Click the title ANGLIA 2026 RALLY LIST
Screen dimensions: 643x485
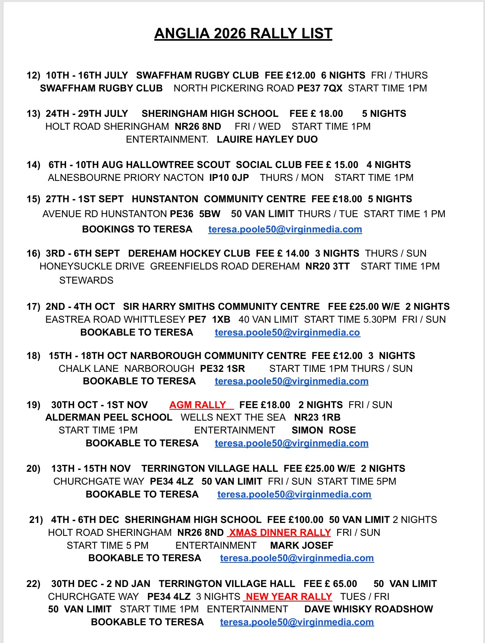[x=243, y=33]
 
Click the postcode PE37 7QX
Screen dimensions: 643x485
[x=319, y=88]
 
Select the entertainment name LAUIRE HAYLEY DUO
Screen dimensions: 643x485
[x=267, y=139]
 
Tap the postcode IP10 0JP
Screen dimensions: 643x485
[x=229, y=178]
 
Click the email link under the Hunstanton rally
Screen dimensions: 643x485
[x=285, y=229]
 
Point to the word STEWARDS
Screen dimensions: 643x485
[x=86, y=280]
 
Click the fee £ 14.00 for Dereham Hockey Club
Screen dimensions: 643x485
[x=292, y=253]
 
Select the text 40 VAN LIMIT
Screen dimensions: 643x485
[x=268, y=319]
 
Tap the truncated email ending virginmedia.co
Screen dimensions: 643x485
[x=287, y=332]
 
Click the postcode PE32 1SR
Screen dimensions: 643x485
[x=222, y=369]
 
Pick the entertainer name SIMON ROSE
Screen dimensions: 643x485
[x=323, y=430]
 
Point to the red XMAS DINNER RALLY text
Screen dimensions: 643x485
[x=280, y=533]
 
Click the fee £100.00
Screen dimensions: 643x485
[x=305, y=520]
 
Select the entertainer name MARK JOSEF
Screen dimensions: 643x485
[x=302, y=546]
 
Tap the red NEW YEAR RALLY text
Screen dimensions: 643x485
[x=288, y=597]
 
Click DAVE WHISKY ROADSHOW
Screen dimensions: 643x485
[x=368, y=609]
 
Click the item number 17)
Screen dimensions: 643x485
[x=33, y=307]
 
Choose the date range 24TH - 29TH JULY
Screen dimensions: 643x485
[x=87, y=114]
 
